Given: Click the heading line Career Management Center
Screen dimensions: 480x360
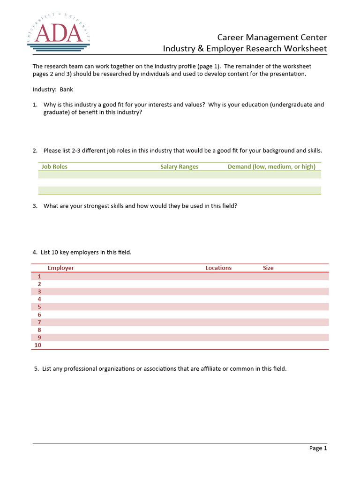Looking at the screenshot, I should pos(272,37).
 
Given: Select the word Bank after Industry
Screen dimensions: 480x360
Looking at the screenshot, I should pos(66,90).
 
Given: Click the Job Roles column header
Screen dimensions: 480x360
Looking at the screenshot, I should pos(54,166).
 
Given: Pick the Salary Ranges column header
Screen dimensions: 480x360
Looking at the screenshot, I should pos(179,166).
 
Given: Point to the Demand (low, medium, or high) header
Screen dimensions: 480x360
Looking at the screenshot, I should pos(271,166).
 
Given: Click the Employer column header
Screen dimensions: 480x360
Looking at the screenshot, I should pos(60,268).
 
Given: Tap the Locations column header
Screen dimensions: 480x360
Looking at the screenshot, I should pos(218,268).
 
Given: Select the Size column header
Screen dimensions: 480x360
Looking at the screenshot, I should pos(268,268).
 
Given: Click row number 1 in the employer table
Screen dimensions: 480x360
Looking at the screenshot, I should pos(39,277).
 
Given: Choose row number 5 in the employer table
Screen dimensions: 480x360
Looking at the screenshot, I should pos(39,307).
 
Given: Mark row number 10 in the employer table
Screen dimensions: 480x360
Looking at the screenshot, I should pos(38,345).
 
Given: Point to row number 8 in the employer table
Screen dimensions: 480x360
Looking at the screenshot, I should pos(39,330).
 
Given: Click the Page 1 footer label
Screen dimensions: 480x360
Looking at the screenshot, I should pos(318,449).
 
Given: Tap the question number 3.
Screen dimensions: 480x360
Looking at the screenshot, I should pos(35,206).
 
